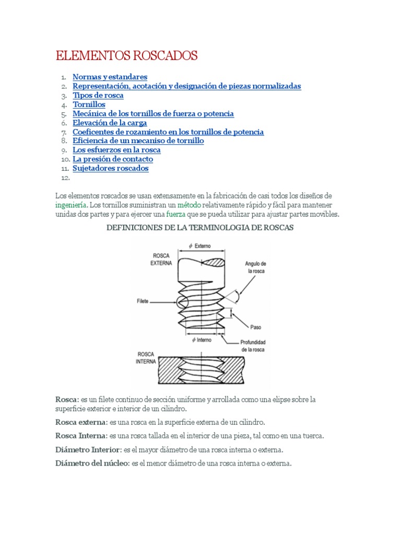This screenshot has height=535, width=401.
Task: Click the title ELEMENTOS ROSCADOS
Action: tap(127, 56)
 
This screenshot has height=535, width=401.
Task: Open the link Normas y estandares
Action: tap(110, 77)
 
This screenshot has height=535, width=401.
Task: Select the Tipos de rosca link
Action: tap(98, 96)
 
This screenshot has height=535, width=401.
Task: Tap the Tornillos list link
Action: tap(89, 104)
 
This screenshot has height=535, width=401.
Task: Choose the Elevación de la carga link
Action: tap(109, 123)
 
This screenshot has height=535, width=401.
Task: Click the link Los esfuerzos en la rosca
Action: tap(116, 150)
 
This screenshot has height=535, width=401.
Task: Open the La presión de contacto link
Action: tap(112, 159)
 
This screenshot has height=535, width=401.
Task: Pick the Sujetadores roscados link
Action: tap(110, 168)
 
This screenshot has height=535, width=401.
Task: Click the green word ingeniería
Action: tap(72, 205)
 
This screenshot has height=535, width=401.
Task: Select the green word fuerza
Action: tap(175, 214)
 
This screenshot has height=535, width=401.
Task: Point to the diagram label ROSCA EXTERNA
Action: tap(161, 260)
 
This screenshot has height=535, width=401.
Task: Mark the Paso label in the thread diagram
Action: tap(255, 327)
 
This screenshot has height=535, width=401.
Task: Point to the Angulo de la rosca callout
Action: tap(256, 267)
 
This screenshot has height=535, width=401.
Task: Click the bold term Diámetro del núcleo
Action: tap(91, 463)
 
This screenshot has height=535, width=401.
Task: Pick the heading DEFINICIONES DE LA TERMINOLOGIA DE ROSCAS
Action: tap(200, 228)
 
